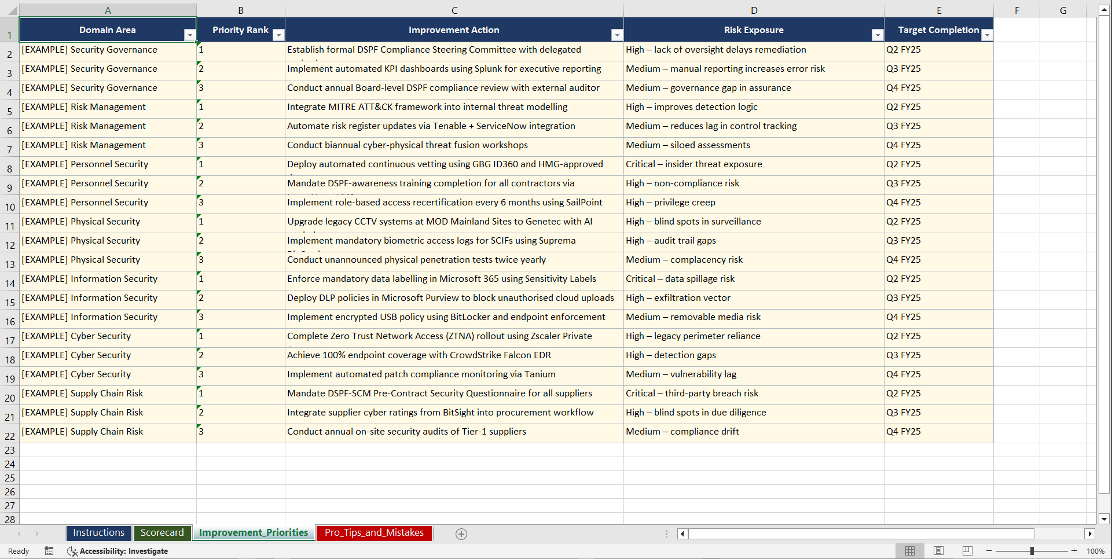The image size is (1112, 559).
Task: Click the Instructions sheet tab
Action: pyautogui.click(x=98, y=533)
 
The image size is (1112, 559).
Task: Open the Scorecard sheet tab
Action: pyautogui.click(x=162, y=533)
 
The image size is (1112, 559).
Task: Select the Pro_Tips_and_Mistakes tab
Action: pyautogui.click(x=374, y=533)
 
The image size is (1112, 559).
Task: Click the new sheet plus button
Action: pyautogui.click(x=461, y=534)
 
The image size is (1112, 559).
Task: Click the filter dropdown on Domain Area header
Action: pyautogui.click(x=189, y=35)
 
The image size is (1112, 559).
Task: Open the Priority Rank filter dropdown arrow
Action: pyautogui.click(x=278, y=35)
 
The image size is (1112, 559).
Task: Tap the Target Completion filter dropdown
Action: pyautogui.click(x=987, y=35)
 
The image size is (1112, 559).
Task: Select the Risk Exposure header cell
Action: pyautogui.click(x=753, y=30)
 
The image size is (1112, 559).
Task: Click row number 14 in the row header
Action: pyautogui.click(x=10, y=283)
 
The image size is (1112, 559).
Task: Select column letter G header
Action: pyautogui.click(x=1063, y=10)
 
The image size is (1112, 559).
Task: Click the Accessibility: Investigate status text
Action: pyautogui.click(x=123, y=551)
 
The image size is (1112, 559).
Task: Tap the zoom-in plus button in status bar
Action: pyautogui.click(x=1074, y=551)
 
